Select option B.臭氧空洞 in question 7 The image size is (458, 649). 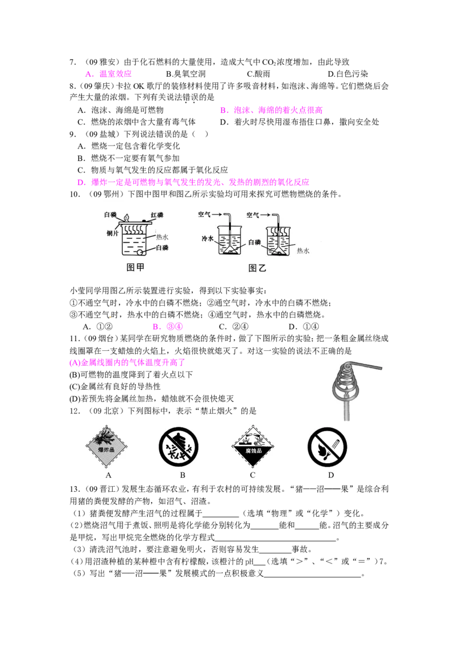pos(185,74)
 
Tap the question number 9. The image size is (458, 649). pos(73,134)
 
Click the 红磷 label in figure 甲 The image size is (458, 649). pos(157,215)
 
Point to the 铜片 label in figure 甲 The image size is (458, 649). pos(112,233)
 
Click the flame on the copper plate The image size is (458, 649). pos(127,217)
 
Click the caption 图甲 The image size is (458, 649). pos(135,267)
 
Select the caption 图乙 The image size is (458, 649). pos(257,268)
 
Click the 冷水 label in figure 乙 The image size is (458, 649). pos(207,239)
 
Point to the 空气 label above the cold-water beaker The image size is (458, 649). pos(204,214)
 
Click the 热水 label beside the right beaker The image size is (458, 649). pos(303,251)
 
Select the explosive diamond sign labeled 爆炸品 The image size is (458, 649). pos(106,447)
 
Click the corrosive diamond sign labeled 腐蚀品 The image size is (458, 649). pos(253,447)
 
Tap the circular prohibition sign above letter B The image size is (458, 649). pos(179,447)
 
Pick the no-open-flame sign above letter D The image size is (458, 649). pos(327,447)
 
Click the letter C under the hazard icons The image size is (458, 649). pos(252,475)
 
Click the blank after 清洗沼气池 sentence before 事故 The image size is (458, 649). pos(275,550)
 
